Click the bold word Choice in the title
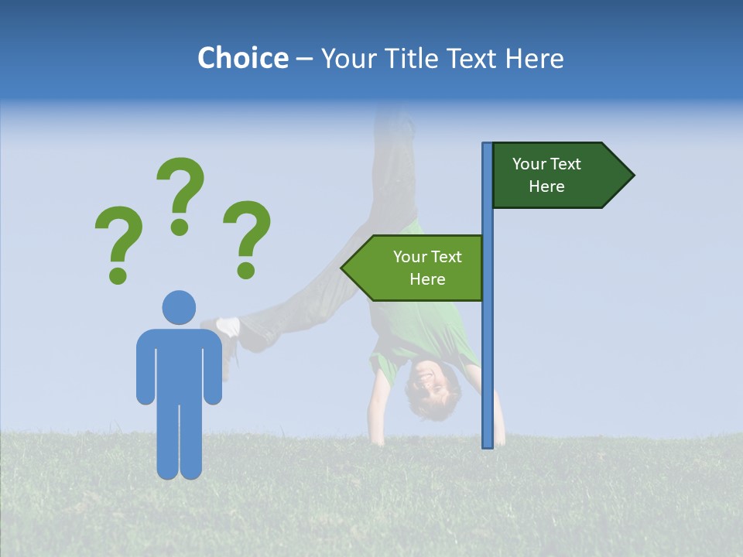[x=242, y=58]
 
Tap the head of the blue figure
[x=179, y=307]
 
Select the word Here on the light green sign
[x=427, y=279]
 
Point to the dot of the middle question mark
[x=180, y=226]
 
